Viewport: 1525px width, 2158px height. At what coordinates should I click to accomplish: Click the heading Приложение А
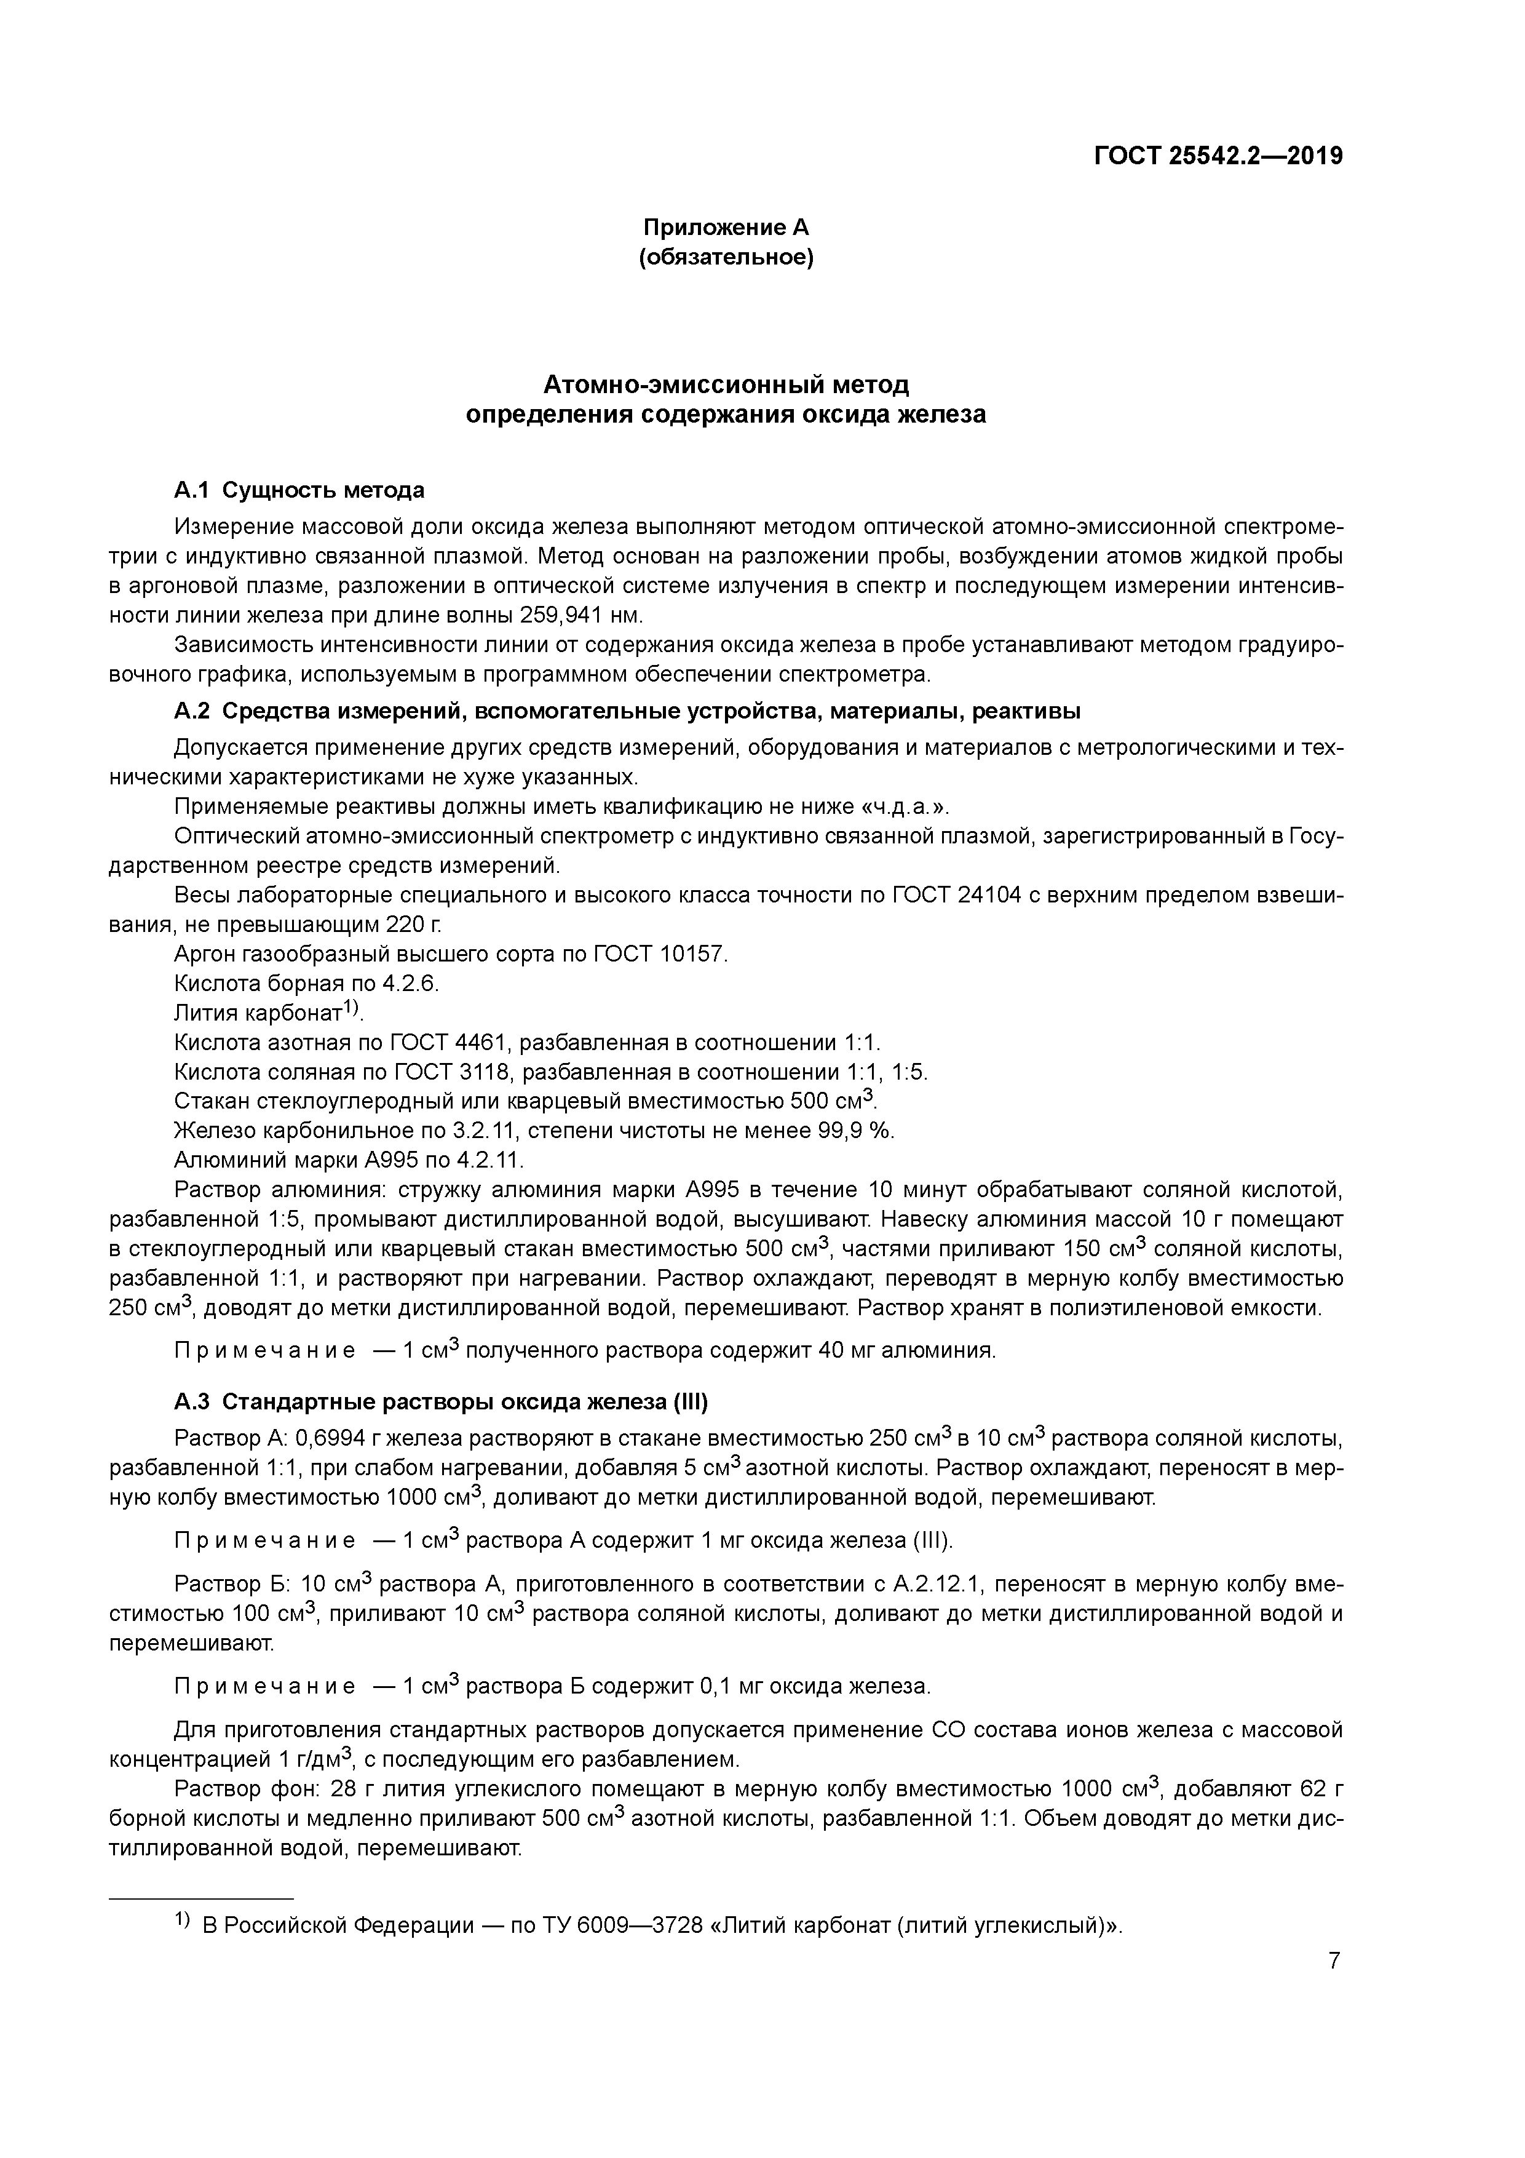pos(726,228)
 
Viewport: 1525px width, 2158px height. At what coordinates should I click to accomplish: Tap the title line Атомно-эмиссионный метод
pos(726,384)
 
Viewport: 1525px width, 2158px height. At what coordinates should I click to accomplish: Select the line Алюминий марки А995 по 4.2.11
pos(349,1160)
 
